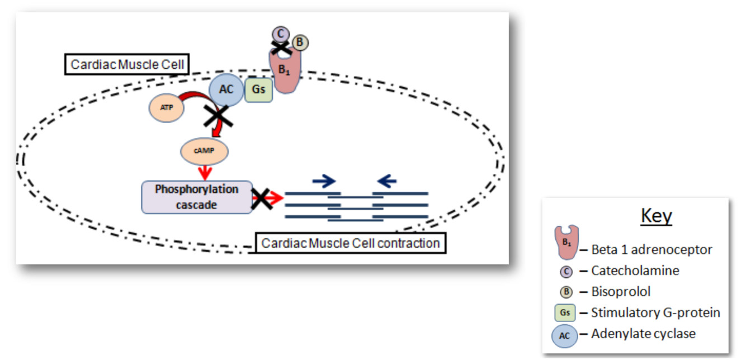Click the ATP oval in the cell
(x=167, y=108)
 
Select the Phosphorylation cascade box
(x=197, y=197)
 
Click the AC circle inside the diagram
(x=226, y=89)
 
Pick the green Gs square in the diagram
(x=259, y=89)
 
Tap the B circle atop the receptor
(x=300, y=42)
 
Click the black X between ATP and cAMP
(x=219, y=117)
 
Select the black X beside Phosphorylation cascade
(x=261, y=198)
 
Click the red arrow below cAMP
(x=205, y=172)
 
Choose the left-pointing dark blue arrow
(x=387, y=180)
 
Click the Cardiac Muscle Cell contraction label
(x=351, y=243)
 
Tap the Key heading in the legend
(x=656, y=216)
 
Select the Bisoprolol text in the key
(x=621, y=291)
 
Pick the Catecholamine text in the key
(x=635, y=271)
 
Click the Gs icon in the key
(x=565, y=313)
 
